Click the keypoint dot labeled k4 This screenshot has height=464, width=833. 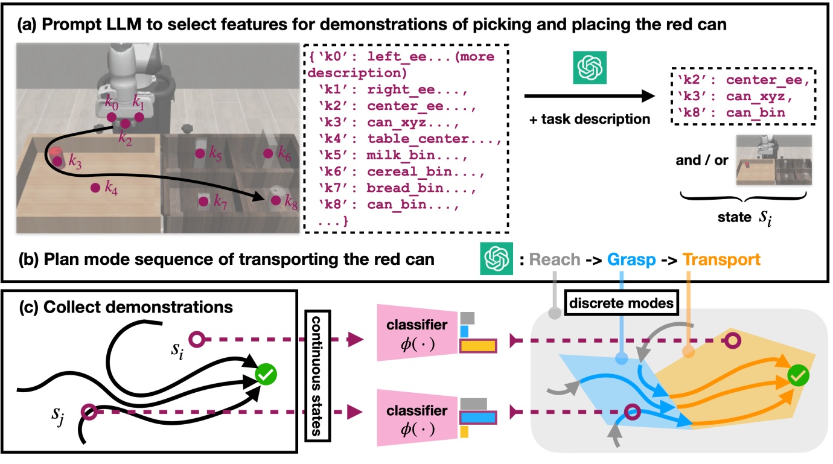click(95, 188)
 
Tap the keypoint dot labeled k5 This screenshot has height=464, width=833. click(200, 153)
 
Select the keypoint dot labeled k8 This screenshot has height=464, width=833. click(276, 201)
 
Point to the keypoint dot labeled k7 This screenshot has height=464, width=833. click(203, 202)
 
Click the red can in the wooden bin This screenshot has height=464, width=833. click(56, 156)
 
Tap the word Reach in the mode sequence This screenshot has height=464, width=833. click(555, 259)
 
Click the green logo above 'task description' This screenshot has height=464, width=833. click(589, 68)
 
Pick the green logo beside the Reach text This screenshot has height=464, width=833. click(496, 259)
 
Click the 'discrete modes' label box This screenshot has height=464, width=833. click(621, 303)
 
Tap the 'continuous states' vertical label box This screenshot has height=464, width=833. click(318, 376)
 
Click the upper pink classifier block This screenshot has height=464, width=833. click(417, 332)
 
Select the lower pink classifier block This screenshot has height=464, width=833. click(417, 418)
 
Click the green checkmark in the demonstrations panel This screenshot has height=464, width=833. click(266, 374)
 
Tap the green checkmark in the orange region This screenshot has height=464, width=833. click(798, 376)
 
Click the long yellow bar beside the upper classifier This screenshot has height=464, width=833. click(478, 346)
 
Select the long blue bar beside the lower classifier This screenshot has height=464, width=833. click(478, 417)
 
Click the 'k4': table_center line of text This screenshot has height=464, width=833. click(409, 139)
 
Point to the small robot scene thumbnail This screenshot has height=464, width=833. click(773, 160)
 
